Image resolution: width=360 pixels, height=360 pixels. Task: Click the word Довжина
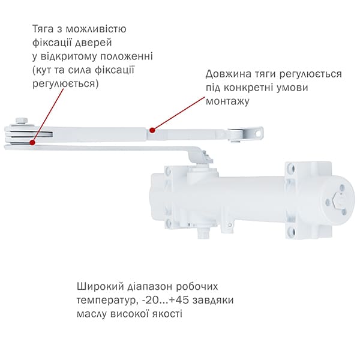pyautogui.click(x=228, y=74)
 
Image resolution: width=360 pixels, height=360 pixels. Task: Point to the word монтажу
pyautogui.click(x=227, y=101)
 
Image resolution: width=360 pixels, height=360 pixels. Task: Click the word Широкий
pyautogui.click(x=99, y=287)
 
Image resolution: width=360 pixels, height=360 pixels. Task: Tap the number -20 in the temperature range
pyautogui.click(x=150, y=301)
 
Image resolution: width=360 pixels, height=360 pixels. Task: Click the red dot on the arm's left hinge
pyautogui.click(x=32, y=143)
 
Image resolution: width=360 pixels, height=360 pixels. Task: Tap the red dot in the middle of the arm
pyautogui.click(x=152, y=130)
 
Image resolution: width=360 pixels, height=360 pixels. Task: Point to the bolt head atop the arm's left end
pyautogui.click(x=22, y=121)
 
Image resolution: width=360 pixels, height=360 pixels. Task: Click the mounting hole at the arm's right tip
pyautogui.click(x=259, y=133)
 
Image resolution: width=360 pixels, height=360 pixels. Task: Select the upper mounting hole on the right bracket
pyautogui.click(x=291, y=167)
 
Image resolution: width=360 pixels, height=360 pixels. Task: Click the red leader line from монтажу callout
pyautogui.click(x=178, y=113)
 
